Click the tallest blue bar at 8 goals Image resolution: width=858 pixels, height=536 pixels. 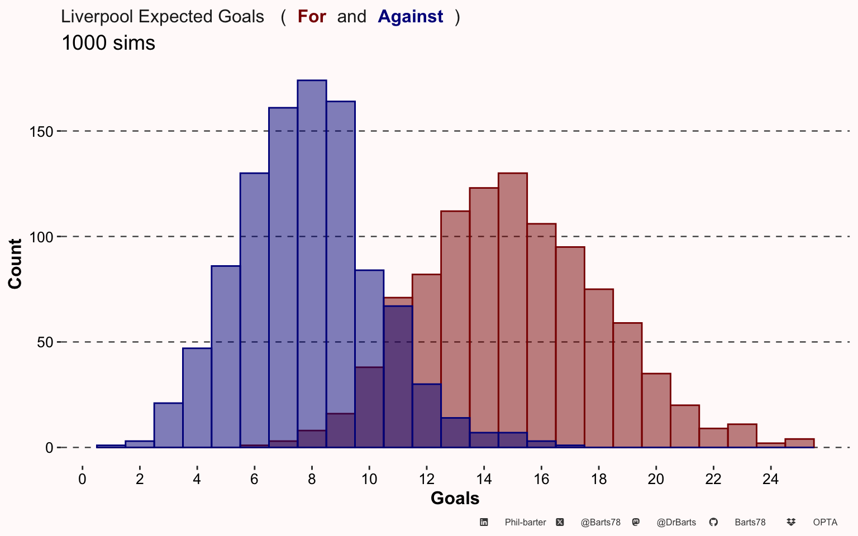click(x=312, y=264)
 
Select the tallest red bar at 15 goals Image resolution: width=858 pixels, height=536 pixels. click(x=513, y=310)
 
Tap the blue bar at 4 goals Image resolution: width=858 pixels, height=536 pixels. click(x=197, y=398)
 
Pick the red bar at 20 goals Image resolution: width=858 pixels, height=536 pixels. click(x=656, y=410)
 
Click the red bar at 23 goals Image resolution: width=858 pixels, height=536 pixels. click(x=742, y=435)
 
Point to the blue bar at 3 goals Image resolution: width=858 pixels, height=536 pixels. click(x=168, y=425)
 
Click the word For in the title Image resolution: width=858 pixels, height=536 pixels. click(x=312, y=17)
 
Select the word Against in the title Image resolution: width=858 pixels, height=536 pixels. click(x=410, y=17)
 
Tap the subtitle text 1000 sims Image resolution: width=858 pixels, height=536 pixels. click(x=108, y=42)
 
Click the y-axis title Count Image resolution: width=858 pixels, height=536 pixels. click(x=15, y=264)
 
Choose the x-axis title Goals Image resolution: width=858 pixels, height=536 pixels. click(x=455, y=498)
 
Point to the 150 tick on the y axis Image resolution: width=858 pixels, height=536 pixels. click(x=41, y=132)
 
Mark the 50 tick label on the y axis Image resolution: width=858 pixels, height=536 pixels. click(x=45, y=342)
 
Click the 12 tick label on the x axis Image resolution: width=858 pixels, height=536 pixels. click(x=427, y=479)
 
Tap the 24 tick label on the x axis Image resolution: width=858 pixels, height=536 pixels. click(x=771, y=479)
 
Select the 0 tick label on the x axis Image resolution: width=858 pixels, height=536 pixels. click(x=82, y=479)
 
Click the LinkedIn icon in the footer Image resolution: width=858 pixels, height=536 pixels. click(x=484, y=522)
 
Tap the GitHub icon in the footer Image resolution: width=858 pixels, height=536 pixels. click(x=713, y=522)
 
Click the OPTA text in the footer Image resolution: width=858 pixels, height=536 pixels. click(x=825, y=522)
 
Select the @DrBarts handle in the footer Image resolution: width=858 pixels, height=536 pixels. click(x=676, y=522)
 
